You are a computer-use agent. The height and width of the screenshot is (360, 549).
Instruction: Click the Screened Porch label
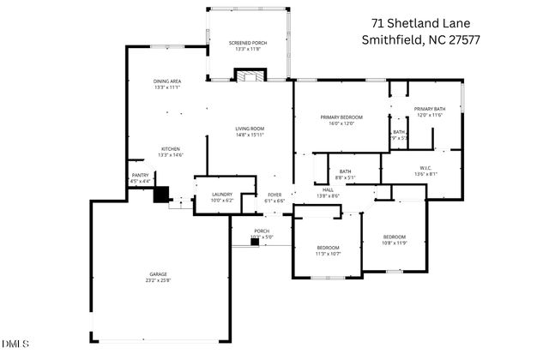pyautogui.click(x=249, y=45)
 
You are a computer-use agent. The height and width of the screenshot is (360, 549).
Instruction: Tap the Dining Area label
pyautogui.click(x=166, y=84)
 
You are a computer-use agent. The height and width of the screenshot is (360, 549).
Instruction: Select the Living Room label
pyautogui.click(x=249, y=131)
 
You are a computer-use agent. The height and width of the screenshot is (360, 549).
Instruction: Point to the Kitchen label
pyautogui.click(x=170, y=151)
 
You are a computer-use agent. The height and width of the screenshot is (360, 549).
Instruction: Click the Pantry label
pyautogui.click(x=139, y=177)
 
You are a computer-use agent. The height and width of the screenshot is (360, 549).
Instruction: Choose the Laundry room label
pyautogui.click(x=222, y=197)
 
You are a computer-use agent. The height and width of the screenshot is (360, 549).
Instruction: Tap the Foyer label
pyautogui.click(x=274, y=197)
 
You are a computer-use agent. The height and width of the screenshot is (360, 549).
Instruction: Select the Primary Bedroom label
pyautogui.click(x=341, y=120)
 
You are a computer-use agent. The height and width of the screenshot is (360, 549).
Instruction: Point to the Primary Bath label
pyautogui.click(x=429, y=111)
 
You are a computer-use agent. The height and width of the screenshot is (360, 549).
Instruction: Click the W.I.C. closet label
pyautogui.click(x=425, y=170)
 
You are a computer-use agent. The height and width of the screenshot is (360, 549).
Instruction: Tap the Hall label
pyautogui.click(x=328, y=193)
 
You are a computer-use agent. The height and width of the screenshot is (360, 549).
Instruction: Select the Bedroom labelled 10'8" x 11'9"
pyautogui.click(x=394, y=239)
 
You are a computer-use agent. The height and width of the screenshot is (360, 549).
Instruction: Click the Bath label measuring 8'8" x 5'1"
pyautogui.click(x=345, y=174)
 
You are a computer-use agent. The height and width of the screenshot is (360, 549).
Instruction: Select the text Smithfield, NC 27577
pyautogui.click(x=421, y=40)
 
